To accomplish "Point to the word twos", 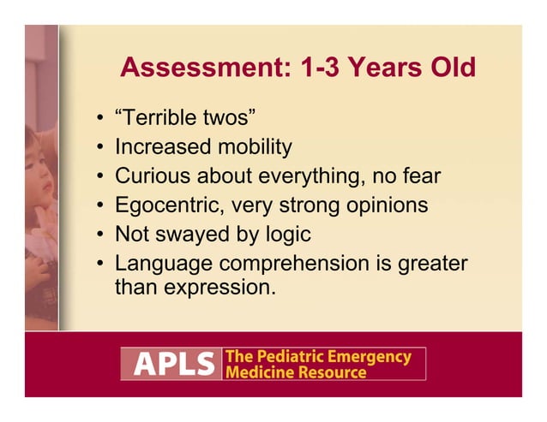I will pyautogui.click(x=227, y=118).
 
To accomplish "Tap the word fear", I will pyautogui.click(x=420, y=176).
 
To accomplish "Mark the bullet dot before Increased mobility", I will pyautogui.click(x=100, y=148).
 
